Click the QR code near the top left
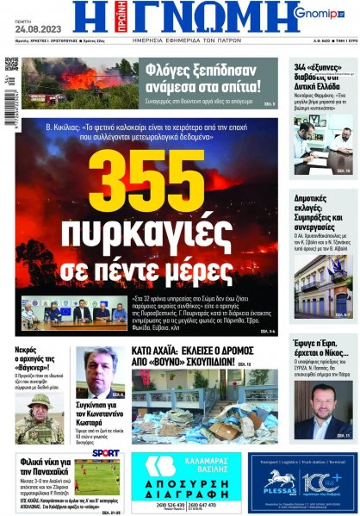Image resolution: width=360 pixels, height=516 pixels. (x=11, y=65)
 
